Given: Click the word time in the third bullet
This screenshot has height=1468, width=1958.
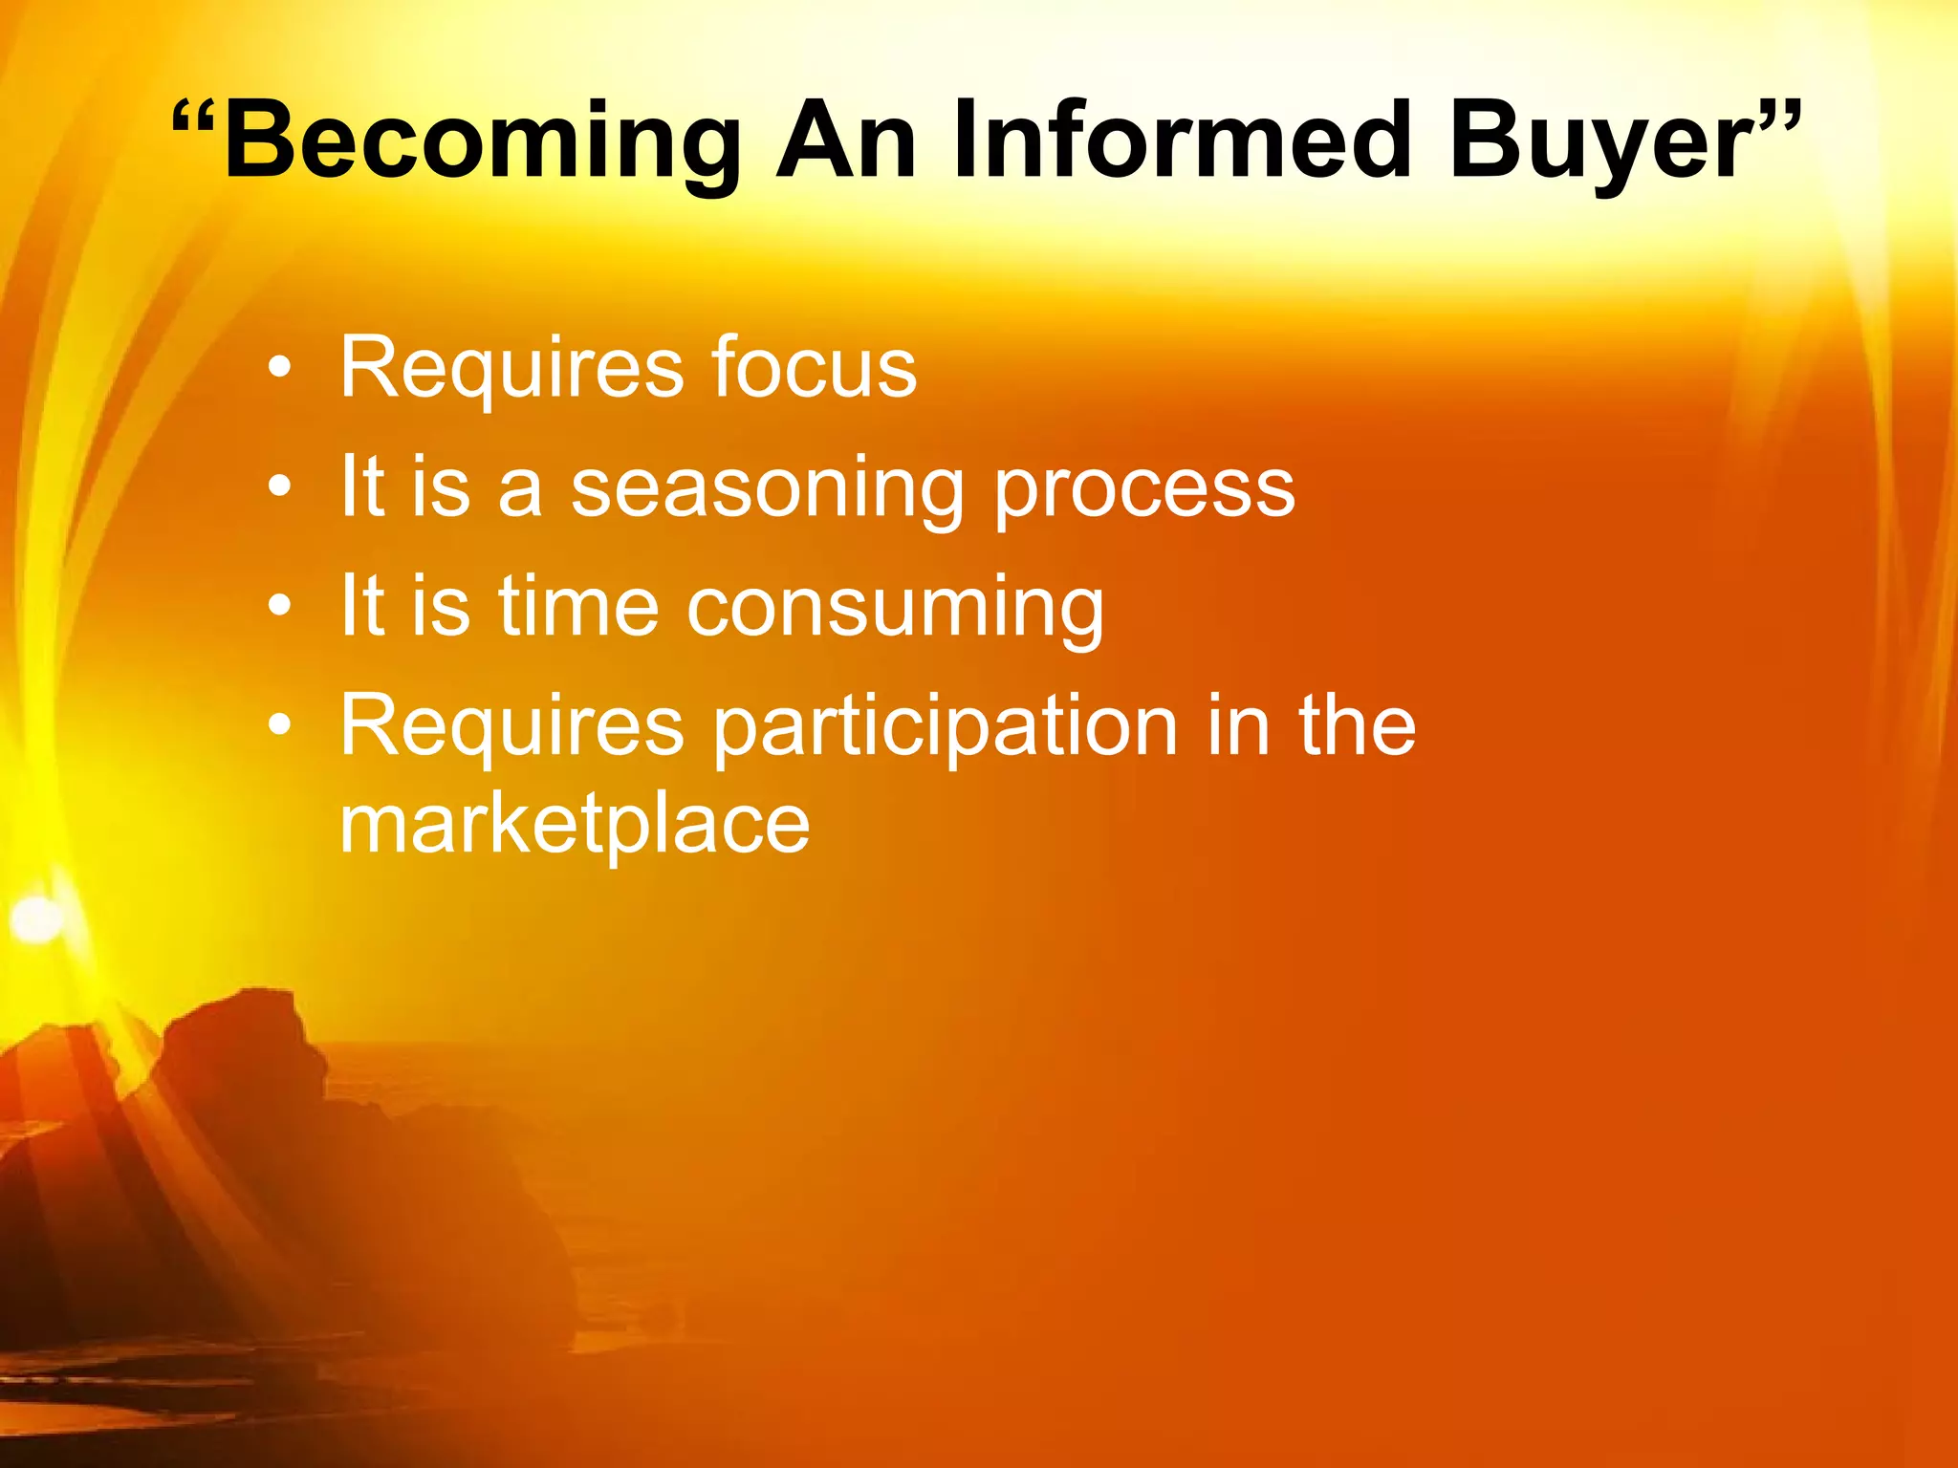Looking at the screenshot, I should [578, 606].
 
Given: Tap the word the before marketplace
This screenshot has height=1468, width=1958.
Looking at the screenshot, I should [1357, 726].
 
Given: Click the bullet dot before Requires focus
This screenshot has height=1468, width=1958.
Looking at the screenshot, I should [278, 367].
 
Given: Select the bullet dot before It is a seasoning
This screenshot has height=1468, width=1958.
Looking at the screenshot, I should [278, 486].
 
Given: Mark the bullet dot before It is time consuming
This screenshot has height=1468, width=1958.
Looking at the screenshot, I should [278, 606].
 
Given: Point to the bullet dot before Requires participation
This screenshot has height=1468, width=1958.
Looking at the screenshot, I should [278, 725].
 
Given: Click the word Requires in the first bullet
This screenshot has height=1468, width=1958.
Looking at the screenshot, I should [511, 367].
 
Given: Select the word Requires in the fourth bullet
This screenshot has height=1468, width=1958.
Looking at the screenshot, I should [511, 726].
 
